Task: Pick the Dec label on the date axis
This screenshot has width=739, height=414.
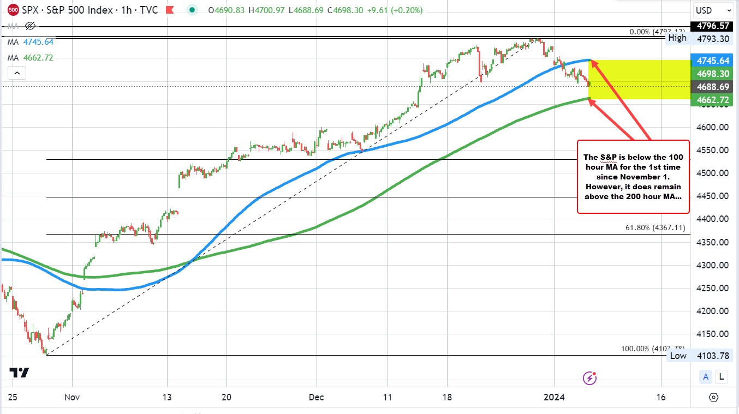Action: click(316, 397)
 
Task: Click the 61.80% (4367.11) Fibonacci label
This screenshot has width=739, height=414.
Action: click(655, 228)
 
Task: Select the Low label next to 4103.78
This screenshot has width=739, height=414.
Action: click(678, 356)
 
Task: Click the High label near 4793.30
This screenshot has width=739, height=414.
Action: click(677, 38)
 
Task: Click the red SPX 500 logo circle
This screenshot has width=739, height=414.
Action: click(13, 10)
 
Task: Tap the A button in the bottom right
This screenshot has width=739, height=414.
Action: click(706, 376)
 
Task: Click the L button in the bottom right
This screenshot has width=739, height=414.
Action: click(722, 376)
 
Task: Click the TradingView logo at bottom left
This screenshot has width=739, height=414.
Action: click(20, 373)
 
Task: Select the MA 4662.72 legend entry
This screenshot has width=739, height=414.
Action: click(30, 57)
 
